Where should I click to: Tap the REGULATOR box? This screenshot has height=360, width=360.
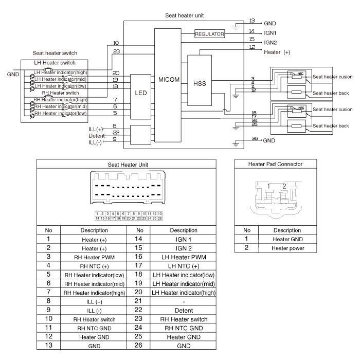click(210, 34)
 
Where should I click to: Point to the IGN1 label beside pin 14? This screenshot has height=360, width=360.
click(271, 32)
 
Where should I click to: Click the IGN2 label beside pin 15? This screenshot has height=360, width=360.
click(271, 42)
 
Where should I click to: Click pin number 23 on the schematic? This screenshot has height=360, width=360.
click(116, 51)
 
